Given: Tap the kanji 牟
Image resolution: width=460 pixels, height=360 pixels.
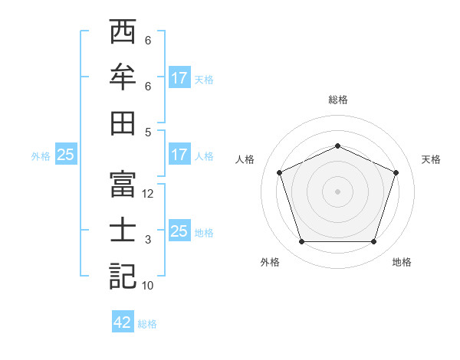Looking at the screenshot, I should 123,79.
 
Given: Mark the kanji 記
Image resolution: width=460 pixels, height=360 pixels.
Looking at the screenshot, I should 123,277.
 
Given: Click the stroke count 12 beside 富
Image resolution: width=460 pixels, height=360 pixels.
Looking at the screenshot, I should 149,194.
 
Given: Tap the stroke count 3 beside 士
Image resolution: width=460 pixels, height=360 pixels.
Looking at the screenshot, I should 148,240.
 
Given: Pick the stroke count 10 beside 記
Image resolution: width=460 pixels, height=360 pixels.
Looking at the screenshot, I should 149,286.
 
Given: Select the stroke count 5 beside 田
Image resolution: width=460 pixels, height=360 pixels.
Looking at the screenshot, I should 148,132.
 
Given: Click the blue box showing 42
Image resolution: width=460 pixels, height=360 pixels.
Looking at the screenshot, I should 123,322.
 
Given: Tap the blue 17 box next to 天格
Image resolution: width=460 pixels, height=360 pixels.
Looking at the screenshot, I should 179,78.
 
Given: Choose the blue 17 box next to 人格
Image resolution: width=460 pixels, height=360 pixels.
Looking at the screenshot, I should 179,155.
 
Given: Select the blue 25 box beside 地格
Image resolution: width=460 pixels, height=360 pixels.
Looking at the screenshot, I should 179,231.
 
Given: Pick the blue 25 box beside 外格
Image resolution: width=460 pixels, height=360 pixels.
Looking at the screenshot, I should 65,155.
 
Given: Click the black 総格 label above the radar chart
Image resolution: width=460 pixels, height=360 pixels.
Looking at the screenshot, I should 337,100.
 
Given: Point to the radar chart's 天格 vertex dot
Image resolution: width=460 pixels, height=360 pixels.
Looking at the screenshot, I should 396,172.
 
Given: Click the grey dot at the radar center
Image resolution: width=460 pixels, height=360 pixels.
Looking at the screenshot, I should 337,191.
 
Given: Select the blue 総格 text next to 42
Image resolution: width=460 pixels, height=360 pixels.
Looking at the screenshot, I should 147,323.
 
